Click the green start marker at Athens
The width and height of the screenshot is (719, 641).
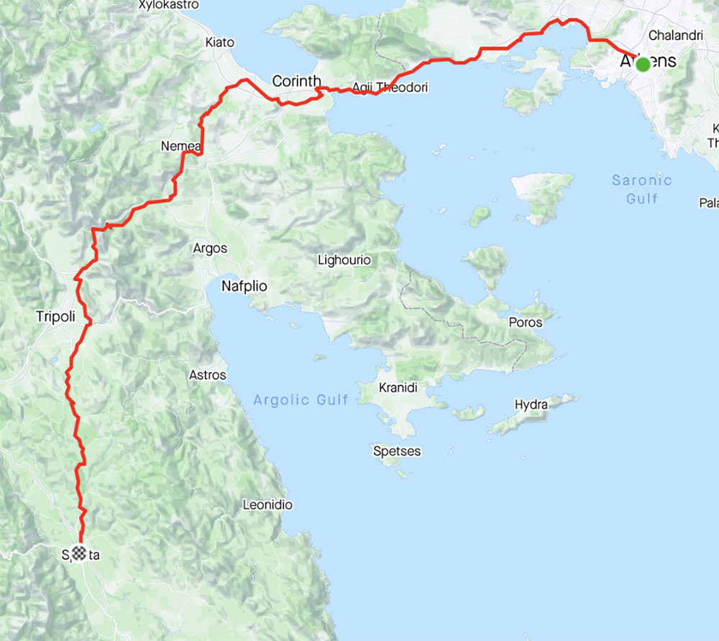tap(643, 64)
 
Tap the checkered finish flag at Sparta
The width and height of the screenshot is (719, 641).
tap(79, 553)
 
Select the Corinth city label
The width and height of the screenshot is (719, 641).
tap(296, 81)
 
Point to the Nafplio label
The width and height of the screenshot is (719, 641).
tap(244, 286)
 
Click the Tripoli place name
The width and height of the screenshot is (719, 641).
tap(55, 316)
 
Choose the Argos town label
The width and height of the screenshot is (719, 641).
tap(210, 249)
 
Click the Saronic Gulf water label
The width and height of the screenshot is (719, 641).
tap(641, 189)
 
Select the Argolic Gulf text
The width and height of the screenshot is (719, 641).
tap(301, 400)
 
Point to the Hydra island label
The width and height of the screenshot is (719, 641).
tap(531, 405)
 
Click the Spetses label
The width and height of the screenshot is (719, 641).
tap(397, 451)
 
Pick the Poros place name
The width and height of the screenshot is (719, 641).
tap(525, 323)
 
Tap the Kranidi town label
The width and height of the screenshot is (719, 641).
tap(398, 388)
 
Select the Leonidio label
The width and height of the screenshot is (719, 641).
tap(267, 505)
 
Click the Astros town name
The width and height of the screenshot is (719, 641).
tap(207, 375)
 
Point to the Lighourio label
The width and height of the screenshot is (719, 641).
tap(344, 260)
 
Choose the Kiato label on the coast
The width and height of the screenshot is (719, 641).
tap(219, 42)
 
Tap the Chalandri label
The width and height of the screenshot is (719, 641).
tap(675, 34)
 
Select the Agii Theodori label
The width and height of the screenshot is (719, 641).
tap(390, 88)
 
